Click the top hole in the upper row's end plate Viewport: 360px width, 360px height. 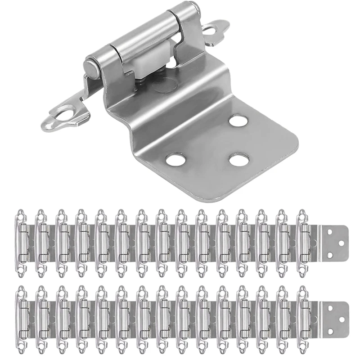pyautogui.click(x=329, y=231)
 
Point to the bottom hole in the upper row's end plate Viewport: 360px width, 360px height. pyautogui.click(x=329, y=255)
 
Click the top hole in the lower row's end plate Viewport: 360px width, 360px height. pyautogui.click(x=329, y=308)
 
